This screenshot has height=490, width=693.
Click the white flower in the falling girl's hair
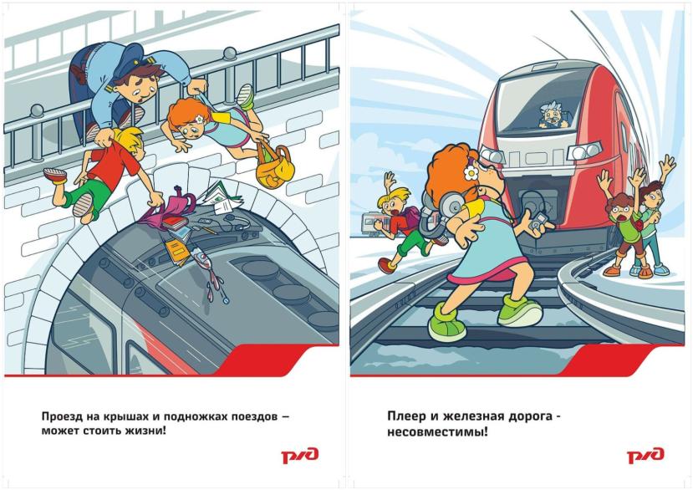[x=199, y=119]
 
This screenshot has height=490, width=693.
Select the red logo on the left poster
[x=300, y=456]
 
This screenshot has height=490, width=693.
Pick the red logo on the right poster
[x=645, y=456]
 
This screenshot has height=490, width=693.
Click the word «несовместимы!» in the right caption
[x=437, y=431]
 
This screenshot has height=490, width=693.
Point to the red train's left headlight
[x=492, y=156]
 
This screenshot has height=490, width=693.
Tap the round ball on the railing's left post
[x=37, y=110]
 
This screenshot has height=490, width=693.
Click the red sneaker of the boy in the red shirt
[x=55, y=176]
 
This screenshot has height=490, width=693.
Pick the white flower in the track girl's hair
[x=471, y=172]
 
